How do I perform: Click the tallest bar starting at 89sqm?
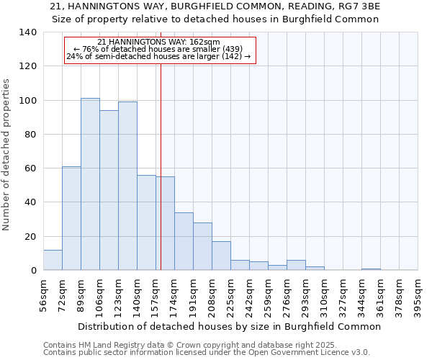point(90,184)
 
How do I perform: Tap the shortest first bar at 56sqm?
point(53,260)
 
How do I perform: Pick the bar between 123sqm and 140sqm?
point(127,186)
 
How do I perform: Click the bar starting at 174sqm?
point(184,241)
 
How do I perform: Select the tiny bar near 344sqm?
point(371,269)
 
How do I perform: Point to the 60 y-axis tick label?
point(30,168)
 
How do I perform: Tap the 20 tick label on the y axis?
point(30,236)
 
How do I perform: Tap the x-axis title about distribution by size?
point(229,326)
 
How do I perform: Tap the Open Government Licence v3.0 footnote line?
point(207,353)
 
